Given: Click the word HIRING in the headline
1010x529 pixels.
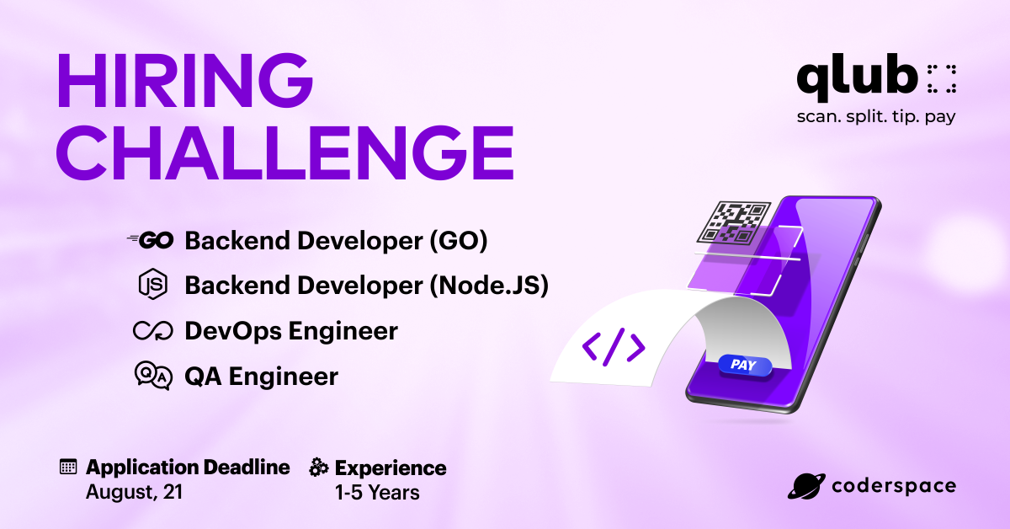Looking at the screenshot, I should point(184,83).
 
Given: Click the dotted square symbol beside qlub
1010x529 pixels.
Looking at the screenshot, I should point(942,77).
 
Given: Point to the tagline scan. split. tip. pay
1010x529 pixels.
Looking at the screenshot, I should point(876,117).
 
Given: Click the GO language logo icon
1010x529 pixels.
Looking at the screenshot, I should point(151,241).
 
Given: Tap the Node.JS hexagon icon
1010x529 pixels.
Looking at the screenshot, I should point(152,286).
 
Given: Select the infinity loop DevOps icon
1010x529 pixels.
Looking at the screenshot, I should point(152,331).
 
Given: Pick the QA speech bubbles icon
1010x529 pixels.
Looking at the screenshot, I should point(152,376).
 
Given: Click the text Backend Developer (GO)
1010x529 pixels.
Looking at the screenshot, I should point(336,241).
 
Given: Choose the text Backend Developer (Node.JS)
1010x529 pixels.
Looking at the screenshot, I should point(366,286).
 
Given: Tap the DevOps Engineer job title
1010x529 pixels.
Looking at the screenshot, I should point(291,331).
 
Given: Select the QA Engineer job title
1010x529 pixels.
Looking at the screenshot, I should point(261,376).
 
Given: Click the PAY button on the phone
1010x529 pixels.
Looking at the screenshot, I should point(743,366).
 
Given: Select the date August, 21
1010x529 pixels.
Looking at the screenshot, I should point(134,492).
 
